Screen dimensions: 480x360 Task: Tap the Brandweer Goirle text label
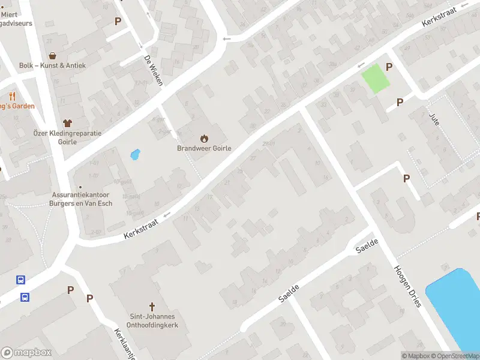(x=204, y=148)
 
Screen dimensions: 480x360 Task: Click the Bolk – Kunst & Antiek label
(x=53, y=65)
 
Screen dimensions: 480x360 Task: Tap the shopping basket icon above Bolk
(x=53, y=55)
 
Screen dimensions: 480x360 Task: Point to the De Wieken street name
(x=153, y=70)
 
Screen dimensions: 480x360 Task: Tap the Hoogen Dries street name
(x=408, y=286)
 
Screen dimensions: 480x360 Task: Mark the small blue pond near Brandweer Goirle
(x=135, y=155)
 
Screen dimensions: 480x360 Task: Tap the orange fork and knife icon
(x=12, y=96)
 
